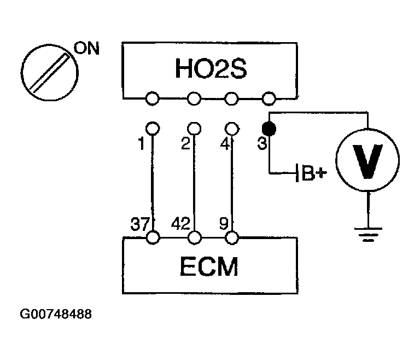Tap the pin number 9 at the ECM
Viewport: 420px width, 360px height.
click(224, 224)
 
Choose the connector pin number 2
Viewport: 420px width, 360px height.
click(184, 144)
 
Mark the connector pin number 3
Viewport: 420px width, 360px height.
click(261, 144)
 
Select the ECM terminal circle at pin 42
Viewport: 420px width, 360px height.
click(194, 238)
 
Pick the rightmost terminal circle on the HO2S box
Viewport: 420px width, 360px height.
click(268, 99)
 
